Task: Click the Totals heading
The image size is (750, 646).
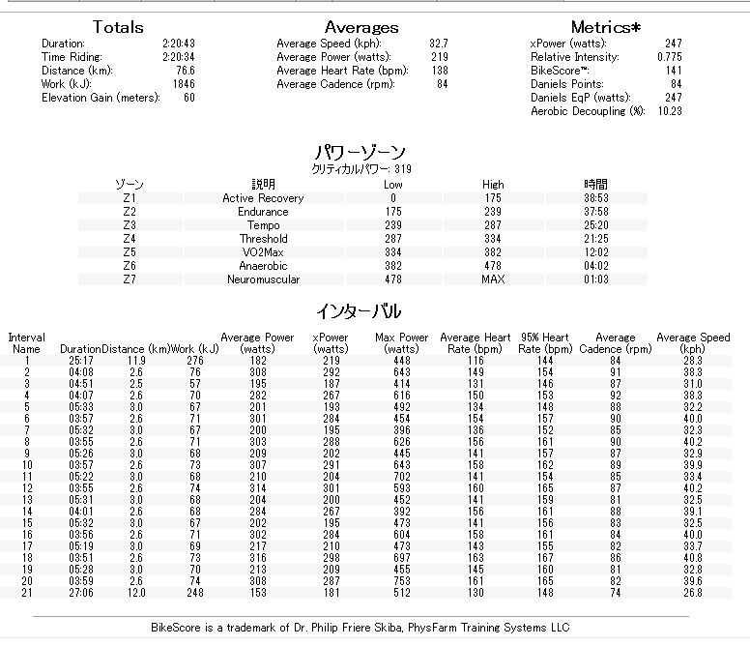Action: pos(117,27)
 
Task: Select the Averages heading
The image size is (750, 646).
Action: pos(361,27)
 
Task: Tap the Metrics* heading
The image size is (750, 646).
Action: pos(606,27)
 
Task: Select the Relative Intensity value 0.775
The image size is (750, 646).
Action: pos(668,57)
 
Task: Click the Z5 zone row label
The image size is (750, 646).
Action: pos(130,252)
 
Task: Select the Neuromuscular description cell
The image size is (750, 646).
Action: pos(263,279)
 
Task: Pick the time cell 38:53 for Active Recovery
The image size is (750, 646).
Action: pos(596,198)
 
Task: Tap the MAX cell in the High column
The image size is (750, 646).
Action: pos(493,279)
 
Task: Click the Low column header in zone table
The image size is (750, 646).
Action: pos(393,184)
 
